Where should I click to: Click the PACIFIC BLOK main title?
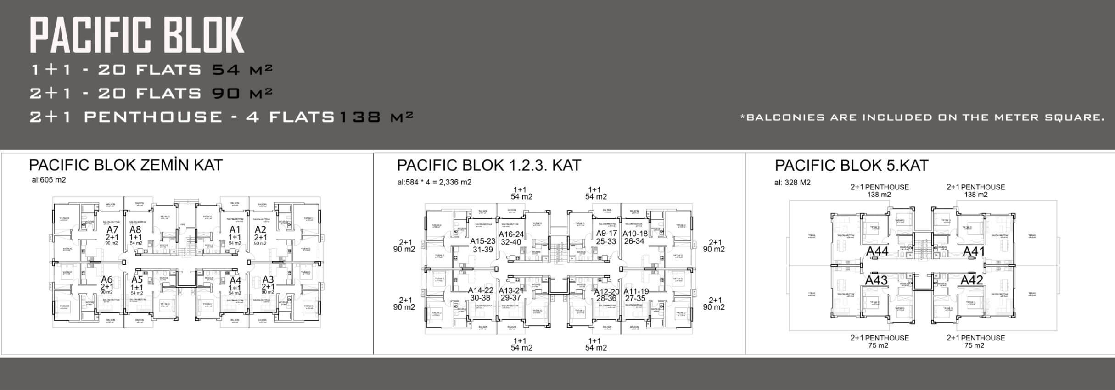point(137,35)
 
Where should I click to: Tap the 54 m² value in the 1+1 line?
point(242,70)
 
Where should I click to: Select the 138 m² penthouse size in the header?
point(375,117)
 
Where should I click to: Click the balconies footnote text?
point(922,117)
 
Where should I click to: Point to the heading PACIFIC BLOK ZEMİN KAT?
point(126,165)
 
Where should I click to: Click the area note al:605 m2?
point(49,180)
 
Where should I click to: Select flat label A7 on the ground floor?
point(112,229)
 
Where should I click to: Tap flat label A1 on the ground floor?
point(235,229)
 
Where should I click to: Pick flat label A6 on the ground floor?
point(106,279)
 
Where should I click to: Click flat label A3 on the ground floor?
point(268,279)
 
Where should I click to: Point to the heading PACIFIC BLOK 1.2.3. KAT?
point(489,165)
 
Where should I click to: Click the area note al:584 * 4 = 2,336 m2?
point(434,182)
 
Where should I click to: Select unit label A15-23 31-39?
point(482,245)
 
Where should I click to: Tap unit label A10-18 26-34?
point(635,237)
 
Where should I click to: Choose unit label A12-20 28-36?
point(606,295)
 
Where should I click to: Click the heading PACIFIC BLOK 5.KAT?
point(852,165)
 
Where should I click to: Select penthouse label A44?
point(877,251)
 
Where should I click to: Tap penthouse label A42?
point(972,279)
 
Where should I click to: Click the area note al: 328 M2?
point(792,183)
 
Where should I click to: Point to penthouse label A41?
point(974,251)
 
